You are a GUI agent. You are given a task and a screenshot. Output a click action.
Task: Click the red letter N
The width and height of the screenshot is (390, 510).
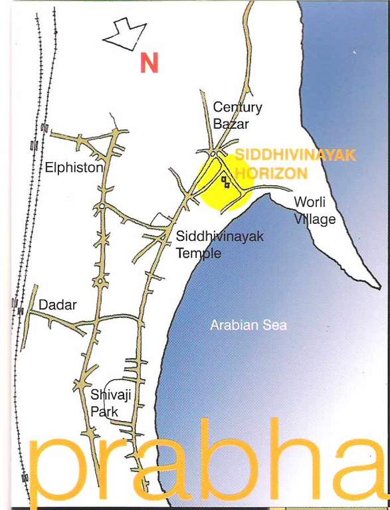point(149,62)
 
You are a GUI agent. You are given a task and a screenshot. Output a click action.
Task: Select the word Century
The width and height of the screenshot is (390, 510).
point(237,107)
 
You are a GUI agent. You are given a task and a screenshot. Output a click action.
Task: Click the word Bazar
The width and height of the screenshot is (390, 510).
point(230,124)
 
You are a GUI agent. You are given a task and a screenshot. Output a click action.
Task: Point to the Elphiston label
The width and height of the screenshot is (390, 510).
point(74,168)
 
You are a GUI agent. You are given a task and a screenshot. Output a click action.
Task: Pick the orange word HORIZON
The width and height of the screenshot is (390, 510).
point(270,173)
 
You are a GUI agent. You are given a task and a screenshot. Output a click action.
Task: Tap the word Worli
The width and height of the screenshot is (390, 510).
point(309,203)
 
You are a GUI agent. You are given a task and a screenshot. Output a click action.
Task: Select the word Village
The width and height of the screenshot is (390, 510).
point(314,219)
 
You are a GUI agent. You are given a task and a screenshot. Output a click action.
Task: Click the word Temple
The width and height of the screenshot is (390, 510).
point(198,253)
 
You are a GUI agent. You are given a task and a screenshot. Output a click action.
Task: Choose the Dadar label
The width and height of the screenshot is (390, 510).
point(57,305)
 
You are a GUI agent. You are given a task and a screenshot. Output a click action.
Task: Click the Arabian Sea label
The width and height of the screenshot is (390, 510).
point(248,325)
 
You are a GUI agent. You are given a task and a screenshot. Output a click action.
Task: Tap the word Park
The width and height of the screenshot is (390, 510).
point(104,412)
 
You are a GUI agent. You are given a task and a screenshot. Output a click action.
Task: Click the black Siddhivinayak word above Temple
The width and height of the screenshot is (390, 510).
point(211,236)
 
